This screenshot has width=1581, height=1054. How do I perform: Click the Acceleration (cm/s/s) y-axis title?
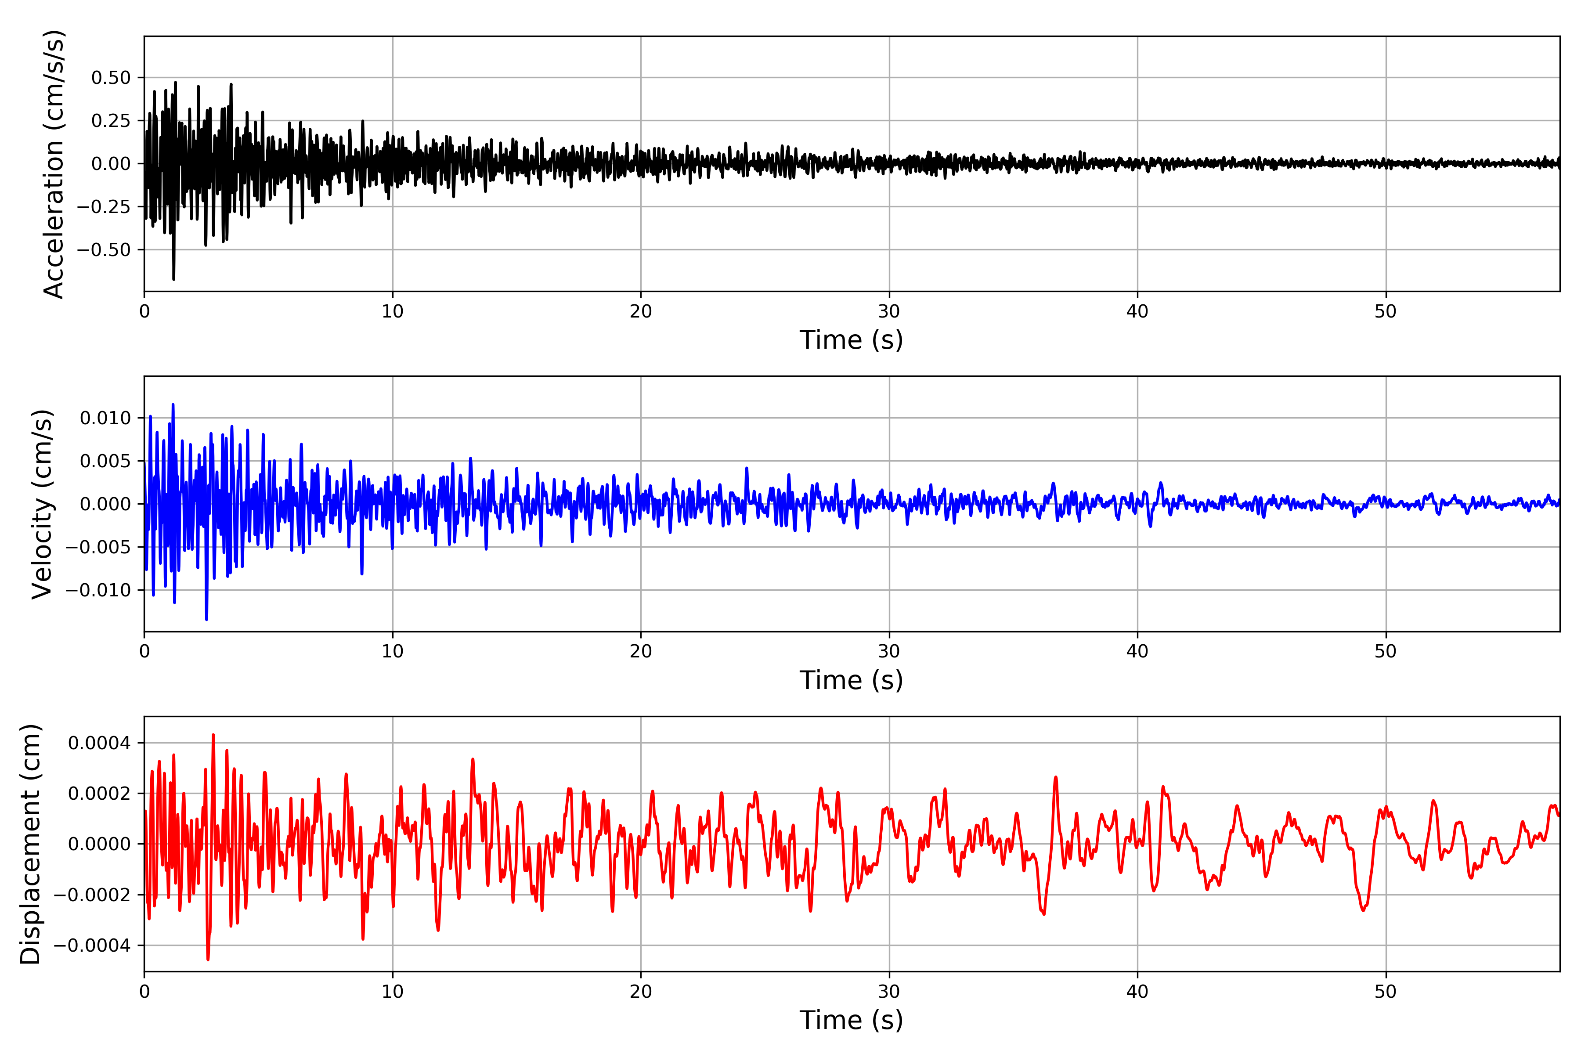click(x=53, y=163)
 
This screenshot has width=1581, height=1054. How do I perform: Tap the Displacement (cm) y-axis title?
click(x=30, y=844)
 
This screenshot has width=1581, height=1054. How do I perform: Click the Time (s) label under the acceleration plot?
click(x=851, y=340)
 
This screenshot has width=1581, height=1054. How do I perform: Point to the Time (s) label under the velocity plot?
click(x=851, y=680)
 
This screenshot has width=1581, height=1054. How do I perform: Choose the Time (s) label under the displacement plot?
click(x=851, y=1020)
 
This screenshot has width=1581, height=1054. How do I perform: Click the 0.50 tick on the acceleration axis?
click(x=111, y=78)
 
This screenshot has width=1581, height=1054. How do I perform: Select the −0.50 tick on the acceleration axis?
click(x=104, y=250)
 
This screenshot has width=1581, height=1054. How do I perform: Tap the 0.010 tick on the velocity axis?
click(x=105, y=418)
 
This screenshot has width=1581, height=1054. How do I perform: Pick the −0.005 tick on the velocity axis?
click(x=98, y=547)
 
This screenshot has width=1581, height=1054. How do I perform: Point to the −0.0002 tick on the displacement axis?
click(x=93, y=895)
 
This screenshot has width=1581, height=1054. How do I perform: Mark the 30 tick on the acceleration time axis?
click(x=888, y=312)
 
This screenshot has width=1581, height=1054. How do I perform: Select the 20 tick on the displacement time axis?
click(x=641, y=992)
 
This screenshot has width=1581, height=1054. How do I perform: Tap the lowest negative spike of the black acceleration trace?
click(x=173, y=279)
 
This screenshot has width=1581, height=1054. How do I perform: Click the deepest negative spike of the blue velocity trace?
click(x=206, y=619)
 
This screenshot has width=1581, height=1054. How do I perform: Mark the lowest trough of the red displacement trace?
click(x=208, y=959)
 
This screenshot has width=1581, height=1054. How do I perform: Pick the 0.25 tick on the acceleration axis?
click(x=111, y=121)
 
